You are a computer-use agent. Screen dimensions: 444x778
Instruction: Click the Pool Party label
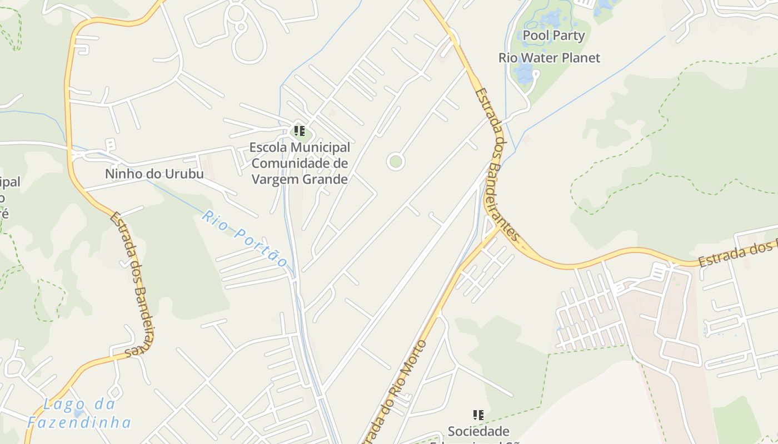pyautogui.click(x=553, y=36)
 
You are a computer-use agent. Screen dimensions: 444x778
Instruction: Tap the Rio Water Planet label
pyautogui.click(x=549, y=58)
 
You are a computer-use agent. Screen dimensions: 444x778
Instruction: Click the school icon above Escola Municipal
pyautogui.click(x=300, y=132)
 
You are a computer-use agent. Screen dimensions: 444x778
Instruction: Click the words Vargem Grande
pyautogui.click(x=300, y=179)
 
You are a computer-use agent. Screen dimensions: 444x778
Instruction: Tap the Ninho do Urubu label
pyautogui.click(x=154, y=174)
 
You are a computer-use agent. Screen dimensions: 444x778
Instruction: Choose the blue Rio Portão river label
pyautogui.click(x=244, y=238)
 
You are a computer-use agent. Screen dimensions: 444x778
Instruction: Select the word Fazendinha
pyautogui.click(x=79, y=423)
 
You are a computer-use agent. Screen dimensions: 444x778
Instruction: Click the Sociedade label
pyautogui.click(x=478, y=431)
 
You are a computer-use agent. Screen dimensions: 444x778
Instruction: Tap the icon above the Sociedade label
pyautogui.click(x=478, y=415)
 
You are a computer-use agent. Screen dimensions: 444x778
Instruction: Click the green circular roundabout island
pyautogui.click(x=396, y=162)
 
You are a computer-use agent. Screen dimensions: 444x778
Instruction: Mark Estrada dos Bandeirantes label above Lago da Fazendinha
pyautogui.click(x=132, y=283)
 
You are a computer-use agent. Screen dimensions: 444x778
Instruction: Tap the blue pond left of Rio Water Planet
pyautogui.click(x=523, y=73)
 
